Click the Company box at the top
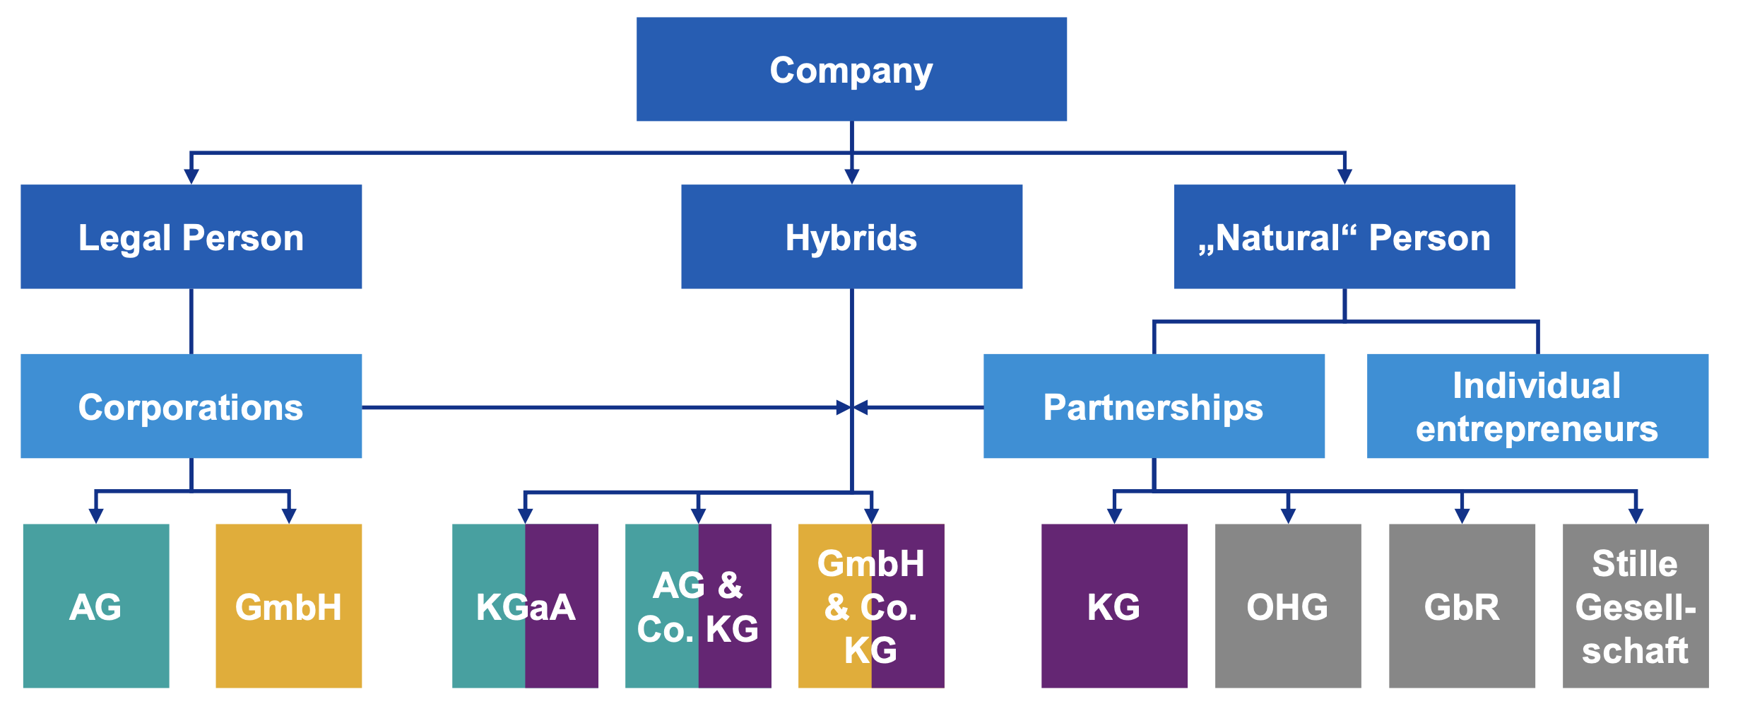tap(851, 69)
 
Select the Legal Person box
tap(191, 237)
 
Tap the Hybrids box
tap(851, 237)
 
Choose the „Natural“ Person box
tap(1344, 237)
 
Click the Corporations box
tap(191, 406)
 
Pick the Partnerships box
tap(1154, 406)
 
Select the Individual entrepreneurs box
tap(1537, 406)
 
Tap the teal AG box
tap(96, 606)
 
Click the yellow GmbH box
tap(288, 606)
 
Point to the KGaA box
tap(525, 606)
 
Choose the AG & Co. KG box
tap(698, 606)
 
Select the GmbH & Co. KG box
tap(871, 606)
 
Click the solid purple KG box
tap(1114, 606)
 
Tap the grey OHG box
tap(1288, 606)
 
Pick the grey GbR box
tap(1462, 606)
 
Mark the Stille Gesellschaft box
tap(1636, 606)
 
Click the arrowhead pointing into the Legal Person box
tap(191, 176)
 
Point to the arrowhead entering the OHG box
tap(1288, 515)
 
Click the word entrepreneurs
tap(1537, 429)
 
